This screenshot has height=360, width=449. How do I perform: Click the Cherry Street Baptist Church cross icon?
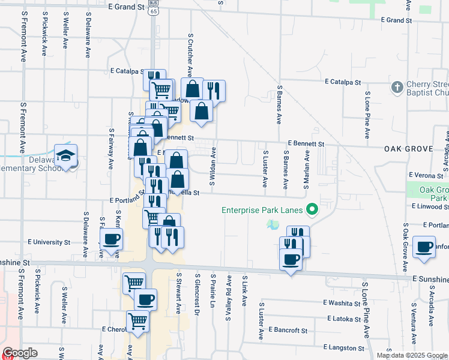click(396, 88)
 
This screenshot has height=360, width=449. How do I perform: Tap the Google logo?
click(20, 353)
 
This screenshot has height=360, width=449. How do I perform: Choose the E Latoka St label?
click(342, 319)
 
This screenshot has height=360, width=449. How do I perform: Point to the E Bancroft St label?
click(288, 330)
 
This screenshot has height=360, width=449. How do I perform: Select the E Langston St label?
click(343, 347)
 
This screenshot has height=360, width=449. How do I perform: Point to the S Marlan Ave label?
click(306, 169)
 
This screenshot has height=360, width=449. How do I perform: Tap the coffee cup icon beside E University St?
click(112, 241)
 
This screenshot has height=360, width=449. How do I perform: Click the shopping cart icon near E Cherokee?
click(137, 322)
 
